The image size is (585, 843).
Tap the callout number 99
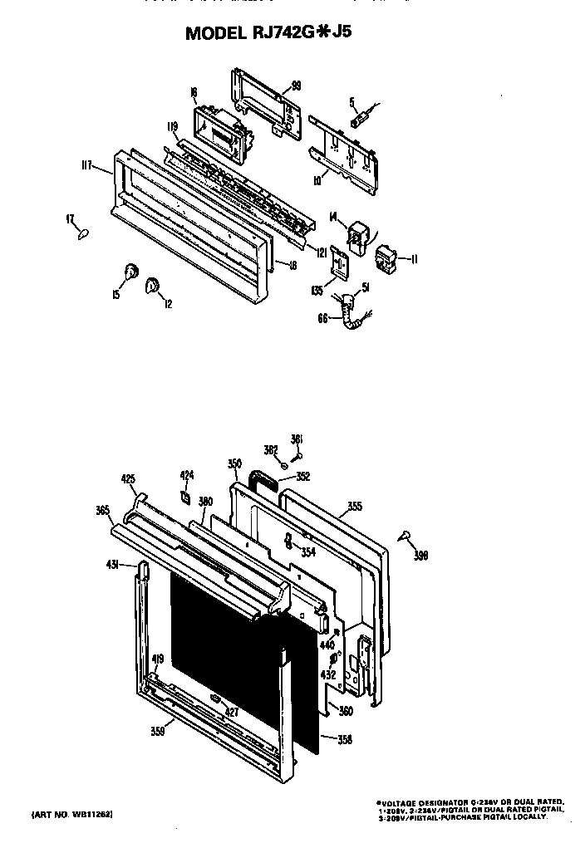point(295,85)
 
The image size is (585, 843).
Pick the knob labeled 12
point(153,286)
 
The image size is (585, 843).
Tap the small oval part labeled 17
point(82,234)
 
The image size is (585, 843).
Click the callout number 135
point(317,291)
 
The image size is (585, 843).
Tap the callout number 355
point(354,506)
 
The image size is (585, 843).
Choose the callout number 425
point(128,479)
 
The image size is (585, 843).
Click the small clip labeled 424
point(187,496)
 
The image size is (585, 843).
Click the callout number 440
point(327,645)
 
